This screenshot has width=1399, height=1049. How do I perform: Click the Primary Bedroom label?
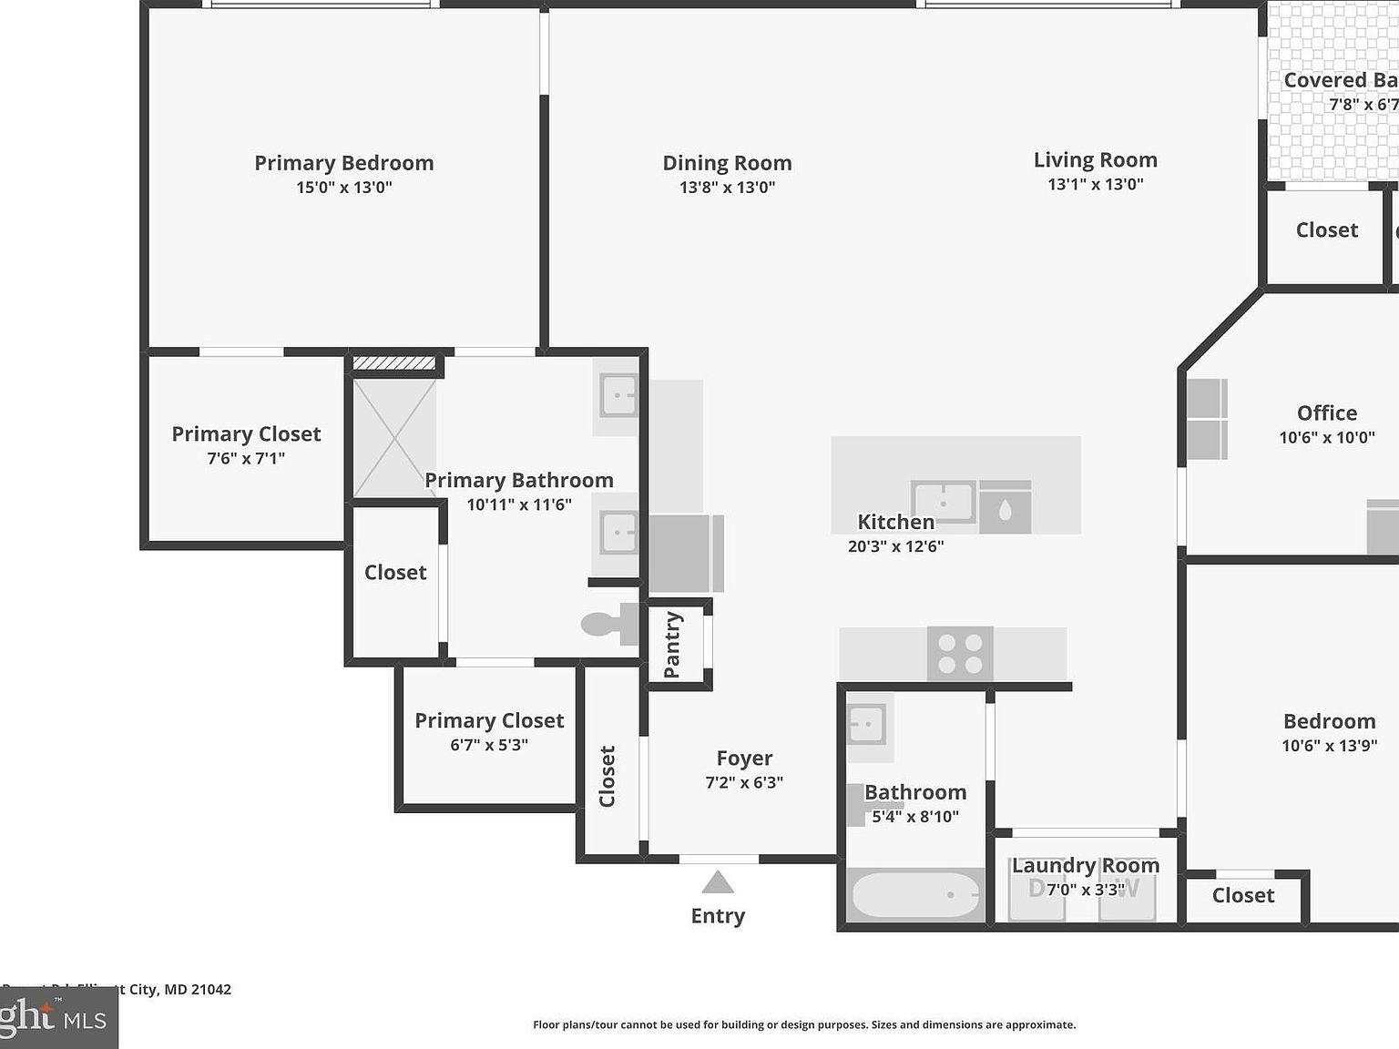343,163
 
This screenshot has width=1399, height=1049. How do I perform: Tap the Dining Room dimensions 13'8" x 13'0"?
727,188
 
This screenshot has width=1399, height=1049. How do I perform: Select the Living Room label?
1095,160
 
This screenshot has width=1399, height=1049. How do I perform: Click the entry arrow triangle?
718,882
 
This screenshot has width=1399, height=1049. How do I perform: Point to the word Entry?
718,916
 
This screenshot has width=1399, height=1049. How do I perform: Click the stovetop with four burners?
960,654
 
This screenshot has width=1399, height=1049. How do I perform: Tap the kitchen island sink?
944,502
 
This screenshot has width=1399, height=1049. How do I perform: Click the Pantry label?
672,645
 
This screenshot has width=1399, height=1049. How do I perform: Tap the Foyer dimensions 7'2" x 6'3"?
744,782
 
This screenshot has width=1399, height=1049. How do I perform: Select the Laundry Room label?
1086,866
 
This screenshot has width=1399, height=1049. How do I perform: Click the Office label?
1326,413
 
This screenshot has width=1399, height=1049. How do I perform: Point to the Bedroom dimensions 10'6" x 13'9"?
1329,747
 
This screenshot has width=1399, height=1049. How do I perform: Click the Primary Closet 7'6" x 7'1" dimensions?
246,459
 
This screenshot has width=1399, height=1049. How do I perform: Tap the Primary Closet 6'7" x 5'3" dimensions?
489,745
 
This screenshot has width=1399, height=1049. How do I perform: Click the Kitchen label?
895,523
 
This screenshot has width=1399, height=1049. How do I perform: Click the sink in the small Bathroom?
866,726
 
